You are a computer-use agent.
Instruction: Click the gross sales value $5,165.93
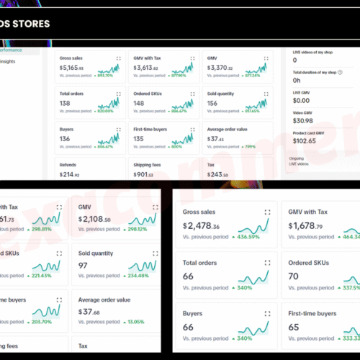tap(73, 67)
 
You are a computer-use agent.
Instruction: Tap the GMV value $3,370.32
tap(220, 67)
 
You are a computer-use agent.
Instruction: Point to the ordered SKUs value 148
tap(140, 104)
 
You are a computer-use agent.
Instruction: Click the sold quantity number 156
tap(214, 104)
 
